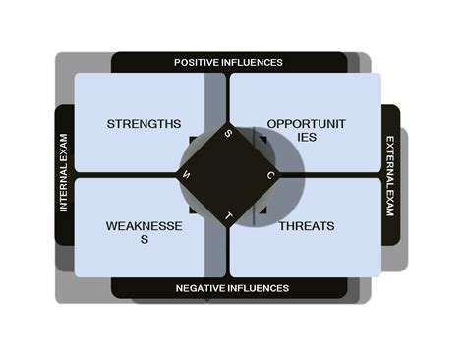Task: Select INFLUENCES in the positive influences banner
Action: pyautogui.click(x=256, y=62)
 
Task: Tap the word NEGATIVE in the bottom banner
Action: pyautogui.click(x=203, y=288)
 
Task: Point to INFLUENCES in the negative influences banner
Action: pyautogui.click(x=261, y=288)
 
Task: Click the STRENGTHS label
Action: pyautogui.click(x=144, y=124)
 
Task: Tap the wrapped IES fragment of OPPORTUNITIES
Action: pyautogui.click(x=306, y=138)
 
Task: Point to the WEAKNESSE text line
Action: pyautogui.click(x=144, y=226)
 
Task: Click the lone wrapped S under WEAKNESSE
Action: pyautogui.click(x=144, y=240)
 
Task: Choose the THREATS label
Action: pyautogui.click(x=306, y=226)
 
